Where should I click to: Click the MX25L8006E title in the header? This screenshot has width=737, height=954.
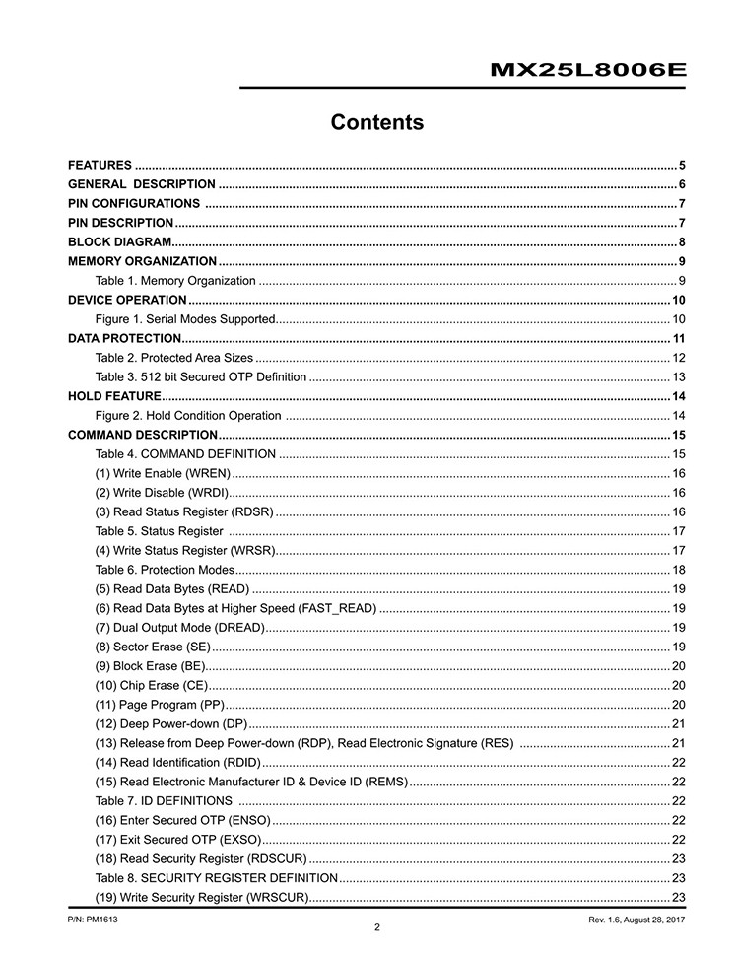pos(587,71)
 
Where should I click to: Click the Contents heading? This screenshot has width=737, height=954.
pos(377,123)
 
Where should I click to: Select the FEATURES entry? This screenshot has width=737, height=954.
pos(100,165)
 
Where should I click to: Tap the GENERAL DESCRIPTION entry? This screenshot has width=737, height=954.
pos(141,184)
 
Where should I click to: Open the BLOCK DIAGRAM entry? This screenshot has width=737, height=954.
pos(119,242)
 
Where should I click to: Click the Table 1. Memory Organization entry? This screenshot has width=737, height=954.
pos(175,281)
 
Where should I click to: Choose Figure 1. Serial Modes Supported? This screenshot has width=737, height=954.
pos(184,319)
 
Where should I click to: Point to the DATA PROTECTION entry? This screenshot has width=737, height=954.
pos(124,339)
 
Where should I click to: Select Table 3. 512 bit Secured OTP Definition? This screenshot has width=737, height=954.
pos(201,377)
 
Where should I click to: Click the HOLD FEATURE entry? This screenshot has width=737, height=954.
pos(114,396)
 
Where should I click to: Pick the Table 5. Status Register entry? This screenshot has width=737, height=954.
pos(159,531)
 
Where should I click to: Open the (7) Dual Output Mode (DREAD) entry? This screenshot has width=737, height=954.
pos(179,628)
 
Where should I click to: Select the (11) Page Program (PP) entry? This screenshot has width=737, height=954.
pos(160,705)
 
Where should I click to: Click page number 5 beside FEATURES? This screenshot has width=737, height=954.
pos(682,165)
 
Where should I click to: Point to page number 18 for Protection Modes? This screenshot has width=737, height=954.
pos(679,570)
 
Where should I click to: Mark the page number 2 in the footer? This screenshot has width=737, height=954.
pos(377,927)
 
